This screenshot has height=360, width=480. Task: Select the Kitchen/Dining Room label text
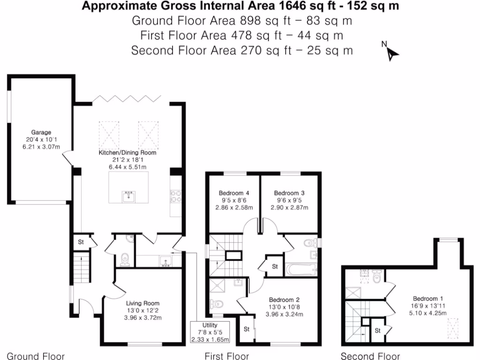pyautogui.click(x=127, y=153)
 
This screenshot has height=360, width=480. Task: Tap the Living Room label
pyautogui.click(x=142, y=303)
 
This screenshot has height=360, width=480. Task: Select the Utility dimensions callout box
pyautogui.click(x=210, y=332)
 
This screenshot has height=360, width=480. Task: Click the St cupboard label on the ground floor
pyautogui.click(x=81, y=242)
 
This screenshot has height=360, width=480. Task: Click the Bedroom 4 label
pyautogui.click(x=233, y=193)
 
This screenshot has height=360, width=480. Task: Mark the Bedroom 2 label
pyautogui.click(x=284, y=300)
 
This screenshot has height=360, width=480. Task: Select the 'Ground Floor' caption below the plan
pyautogui.click(x=36, y=356)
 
